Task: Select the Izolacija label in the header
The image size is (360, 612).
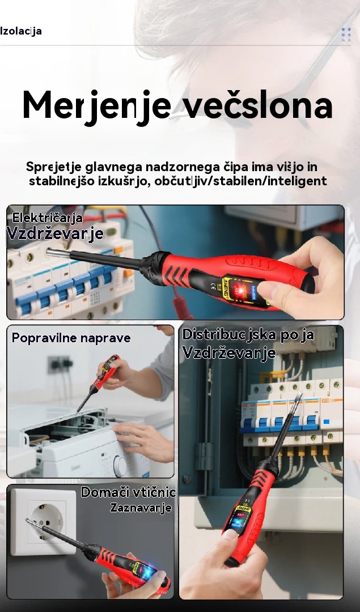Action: pos(21,31)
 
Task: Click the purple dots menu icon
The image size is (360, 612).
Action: pos(346,35)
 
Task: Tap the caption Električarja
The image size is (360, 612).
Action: pos(47,218)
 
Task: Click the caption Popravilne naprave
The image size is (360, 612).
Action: pos(71,338)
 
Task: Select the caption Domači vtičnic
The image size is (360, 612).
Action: pos(128,492)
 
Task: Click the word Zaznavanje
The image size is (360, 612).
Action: pos(141,508)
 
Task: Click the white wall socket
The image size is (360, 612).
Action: pos(43,521)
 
